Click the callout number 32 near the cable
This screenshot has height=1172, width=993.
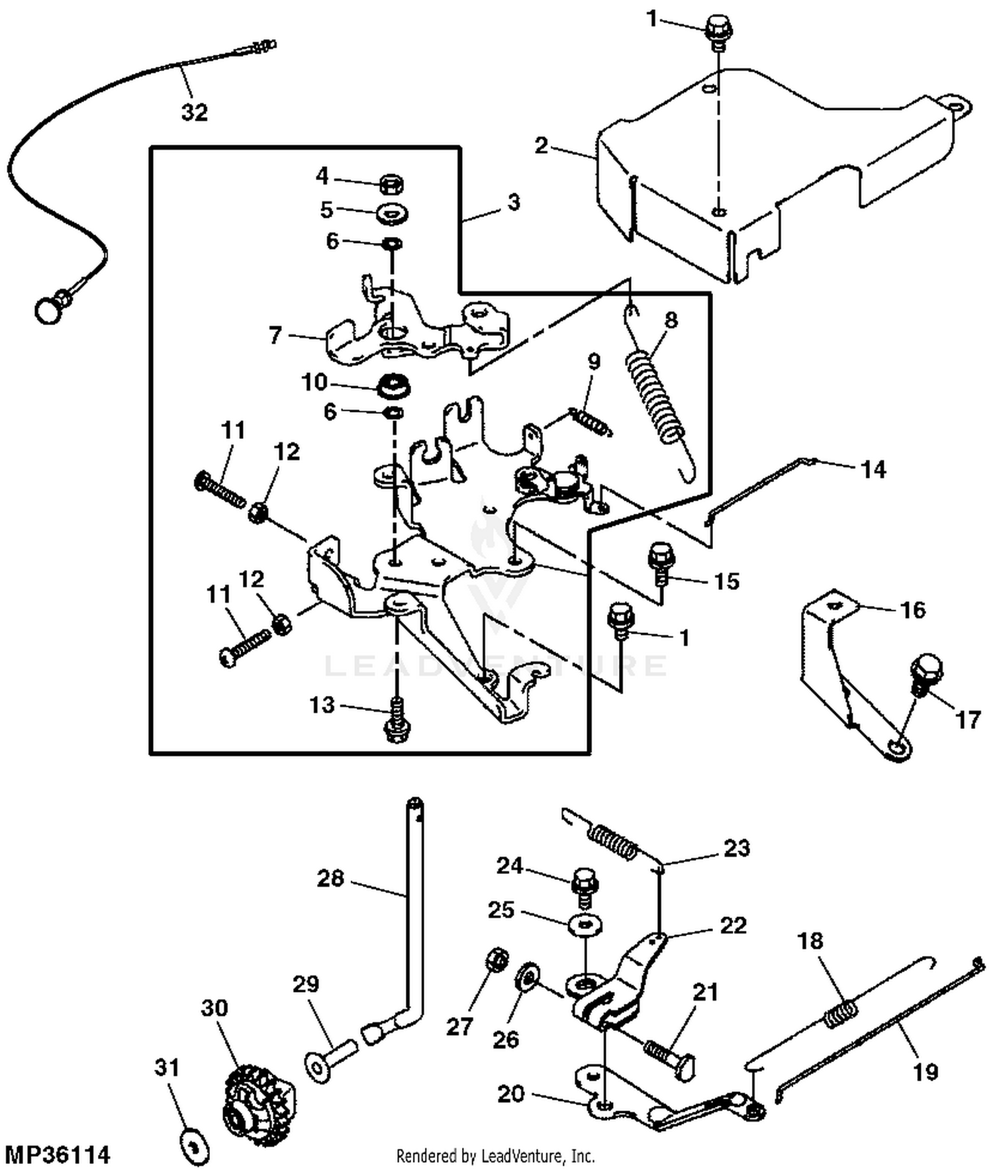194,112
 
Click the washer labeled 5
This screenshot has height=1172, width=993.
392,214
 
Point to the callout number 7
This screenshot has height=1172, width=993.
276,335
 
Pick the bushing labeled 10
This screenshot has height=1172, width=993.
393,385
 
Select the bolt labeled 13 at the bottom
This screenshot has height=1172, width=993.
397,721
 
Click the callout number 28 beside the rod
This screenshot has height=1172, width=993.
330,879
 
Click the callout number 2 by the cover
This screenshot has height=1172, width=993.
542,145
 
